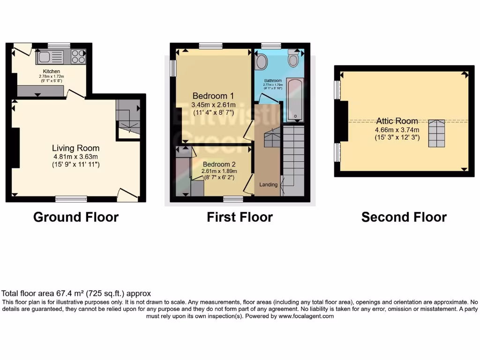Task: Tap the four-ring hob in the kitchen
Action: pyautogui.click(x=78, y=56)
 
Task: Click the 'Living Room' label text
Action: pyautogui.click(x=75, y=148)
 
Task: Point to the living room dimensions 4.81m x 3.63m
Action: pyautogui.click(x=75, y=157)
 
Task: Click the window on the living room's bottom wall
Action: pyautogui.click(x=71, y=199)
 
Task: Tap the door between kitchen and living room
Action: pyautogui.click(x=75, y=94)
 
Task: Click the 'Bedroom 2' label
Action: pyautogui.click(x=219, y=165)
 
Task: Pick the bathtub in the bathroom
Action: pyautogui.click(x=295, y=100)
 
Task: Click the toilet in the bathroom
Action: pyautogui.click(x=294, y=60)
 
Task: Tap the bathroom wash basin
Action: pyautogui.click(x=261, y=61)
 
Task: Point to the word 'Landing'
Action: pyautogui.click(x=269, y=185)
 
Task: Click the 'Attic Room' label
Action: pyautogui.click(x=396, y=121)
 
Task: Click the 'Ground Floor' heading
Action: pyautogui.click(x=75, y=217)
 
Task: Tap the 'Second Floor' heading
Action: pyautogui.click(x=404, y=217)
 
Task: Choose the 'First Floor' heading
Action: pyautogui.click(x=240, y=217)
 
